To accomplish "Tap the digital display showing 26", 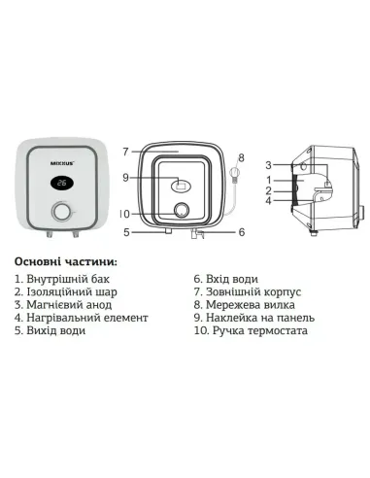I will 61,182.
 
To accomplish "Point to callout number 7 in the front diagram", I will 126,152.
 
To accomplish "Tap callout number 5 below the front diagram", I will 126,232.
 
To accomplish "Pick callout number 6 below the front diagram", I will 241,232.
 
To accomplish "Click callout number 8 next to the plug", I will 242,156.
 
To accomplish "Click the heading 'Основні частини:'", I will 66,262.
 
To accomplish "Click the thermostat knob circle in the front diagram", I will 180,212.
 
